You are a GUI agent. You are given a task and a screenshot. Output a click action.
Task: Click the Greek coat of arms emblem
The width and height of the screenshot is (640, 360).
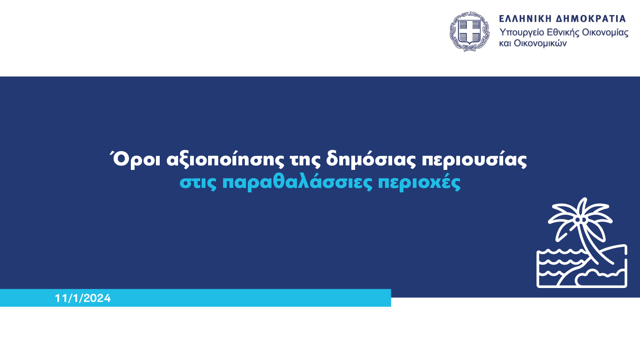pyautogui.click(x=469, y=31)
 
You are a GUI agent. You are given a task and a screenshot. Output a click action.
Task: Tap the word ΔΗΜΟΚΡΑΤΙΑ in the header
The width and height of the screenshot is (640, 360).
pyautogui.click(x=591, y=19)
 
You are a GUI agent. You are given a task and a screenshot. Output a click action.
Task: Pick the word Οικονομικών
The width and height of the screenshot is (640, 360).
pyautogui.click(x=540, y=43)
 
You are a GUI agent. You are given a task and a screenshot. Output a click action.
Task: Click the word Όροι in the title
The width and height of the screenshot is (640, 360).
pyautogui.click(x=135, y=159)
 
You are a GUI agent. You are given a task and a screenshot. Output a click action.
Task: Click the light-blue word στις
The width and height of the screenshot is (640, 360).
pyautogui.click(x=198, y=183)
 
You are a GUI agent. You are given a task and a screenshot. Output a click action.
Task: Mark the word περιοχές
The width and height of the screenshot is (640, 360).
pyautogui.click(x=419, y=183)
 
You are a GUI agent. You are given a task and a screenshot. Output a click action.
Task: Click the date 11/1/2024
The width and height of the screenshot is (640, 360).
pyautogui.click(x=82, y=298)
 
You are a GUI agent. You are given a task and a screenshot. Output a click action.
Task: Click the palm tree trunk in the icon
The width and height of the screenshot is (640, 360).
pyautogui.click(x=593, y=246)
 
